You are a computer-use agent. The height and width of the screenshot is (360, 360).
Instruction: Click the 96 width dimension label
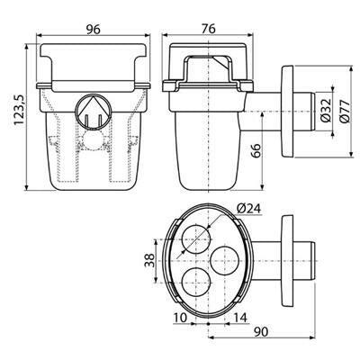[x=93, y=30]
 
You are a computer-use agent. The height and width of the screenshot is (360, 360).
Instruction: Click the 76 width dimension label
[x=208, y=29]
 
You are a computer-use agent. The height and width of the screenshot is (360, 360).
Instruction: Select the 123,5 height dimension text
[x=20, y=110]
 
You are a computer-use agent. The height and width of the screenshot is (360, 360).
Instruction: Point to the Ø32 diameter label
[x=325, y=110]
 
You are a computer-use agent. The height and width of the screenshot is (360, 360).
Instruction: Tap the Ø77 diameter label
[x=345, y=110]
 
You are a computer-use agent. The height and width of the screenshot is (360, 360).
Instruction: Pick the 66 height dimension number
[x=255, y=152]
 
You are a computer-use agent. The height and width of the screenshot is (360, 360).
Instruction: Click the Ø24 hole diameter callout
[x=248, y=209]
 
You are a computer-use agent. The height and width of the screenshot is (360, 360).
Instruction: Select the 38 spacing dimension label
[x=149, y=260]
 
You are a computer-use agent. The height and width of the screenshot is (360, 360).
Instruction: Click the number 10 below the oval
[x=180, y=318]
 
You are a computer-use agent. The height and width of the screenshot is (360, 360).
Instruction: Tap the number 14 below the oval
[x=240, y=318]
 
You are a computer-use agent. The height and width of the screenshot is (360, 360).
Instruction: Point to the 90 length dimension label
[x=261, y=332]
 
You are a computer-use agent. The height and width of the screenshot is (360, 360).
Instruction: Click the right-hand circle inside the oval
[x=225, y=261]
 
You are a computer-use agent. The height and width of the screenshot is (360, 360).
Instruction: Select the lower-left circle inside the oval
[x=196, y=282]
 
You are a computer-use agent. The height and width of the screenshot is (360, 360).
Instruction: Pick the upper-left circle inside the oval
[x=196, y=238]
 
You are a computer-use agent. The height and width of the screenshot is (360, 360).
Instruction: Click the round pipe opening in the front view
[x=93, y=111]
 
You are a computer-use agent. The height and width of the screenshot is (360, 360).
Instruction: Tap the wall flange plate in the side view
[x=287, y=111]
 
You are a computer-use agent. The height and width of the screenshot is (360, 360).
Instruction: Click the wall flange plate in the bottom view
[x=287, y=261]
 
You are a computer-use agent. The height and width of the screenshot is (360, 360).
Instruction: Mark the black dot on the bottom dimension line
[x=208, y=324]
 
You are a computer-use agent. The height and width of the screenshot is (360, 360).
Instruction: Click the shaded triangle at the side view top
[x=221, y=63]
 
